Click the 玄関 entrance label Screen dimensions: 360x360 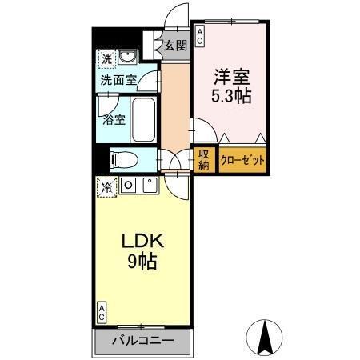click(176, 46)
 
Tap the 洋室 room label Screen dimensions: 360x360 click(230, 79)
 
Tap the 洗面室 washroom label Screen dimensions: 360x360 click(118, 81)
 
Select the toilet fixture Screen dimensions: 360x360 click(123, 158)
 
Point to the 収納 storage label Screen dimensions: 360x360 click(204, 159)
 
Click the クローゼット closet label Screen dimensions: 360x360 click(242, 159)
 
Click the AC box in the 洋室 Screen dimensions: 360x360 click(200, 33)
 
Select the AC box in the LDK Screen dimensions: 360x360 click(102, 311)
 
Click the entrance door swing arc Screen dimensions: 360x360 click(177, 18)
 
